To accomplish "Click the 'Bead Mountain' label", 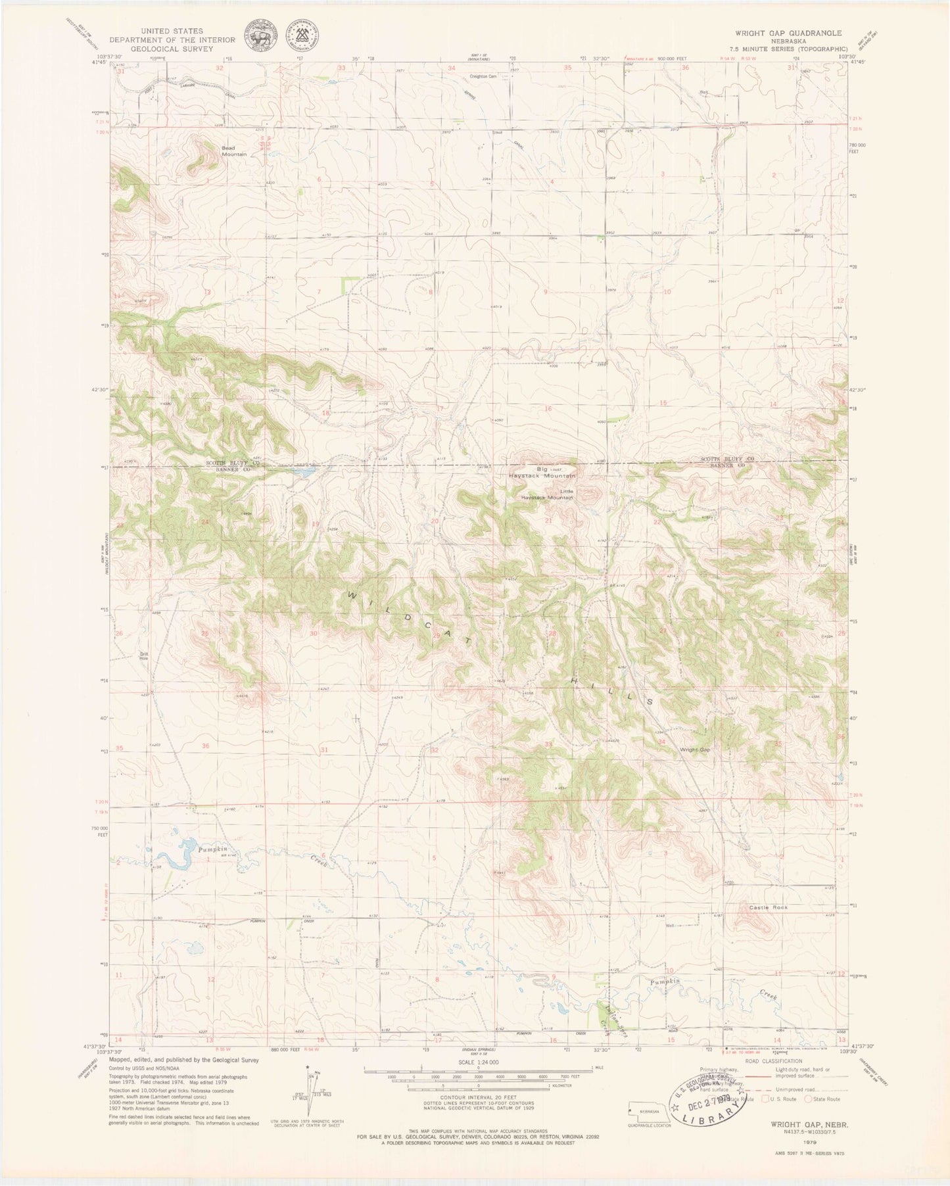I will [233, 151].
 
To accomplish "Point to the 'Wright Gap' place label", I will [695, 749].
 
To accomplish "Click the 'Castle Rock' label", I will [768, 907].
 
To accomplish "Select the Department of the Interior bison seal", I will [259, 35].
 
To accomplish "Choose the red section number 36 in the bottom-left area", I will [206, 746].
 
